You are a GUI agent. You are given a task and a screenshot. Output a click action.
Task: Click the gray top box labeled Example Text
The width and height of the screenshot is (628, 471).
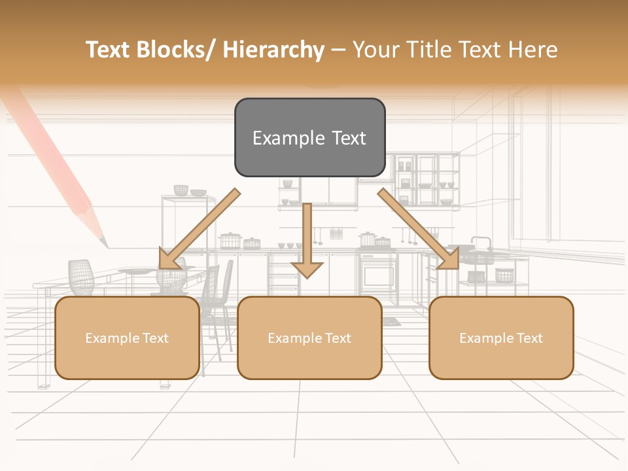tap(309, 137)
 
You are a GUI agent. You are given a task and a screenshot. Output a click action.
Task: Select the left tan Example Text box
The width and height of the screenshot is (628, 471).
tap(127, 338)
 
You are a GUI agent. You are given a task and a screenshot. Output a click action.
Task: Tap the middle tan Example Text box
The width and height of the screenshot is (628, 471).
tap(309, 338)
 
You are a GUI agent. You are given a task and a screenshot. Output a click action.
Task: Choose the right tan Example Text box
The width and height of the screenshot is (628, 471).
tap(501, 338)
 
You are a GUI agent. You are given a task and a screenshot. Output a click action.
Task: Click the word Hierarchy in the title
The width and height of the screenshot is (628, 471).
tap(273, 50)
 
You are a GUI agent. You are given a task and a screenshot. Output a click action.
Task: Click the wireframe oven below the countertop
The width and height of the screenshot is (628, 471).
tap(379, 271)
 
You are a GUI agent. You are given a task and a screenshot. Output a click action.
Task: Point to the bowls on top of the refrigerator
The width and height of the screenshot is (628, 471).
tap(189, 191)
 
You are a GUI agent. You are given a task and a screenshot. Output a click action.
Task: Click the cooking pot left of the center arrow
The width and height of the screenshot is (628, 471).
tap(230, 240)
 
